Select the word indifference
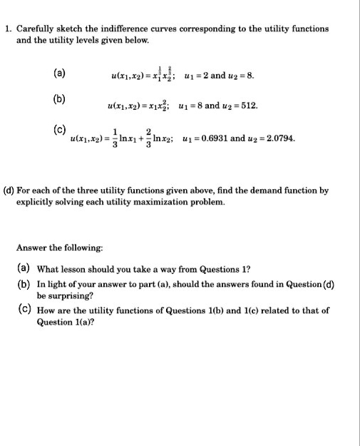pos(116,29)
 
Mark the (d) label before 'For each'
pos(10,191)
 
